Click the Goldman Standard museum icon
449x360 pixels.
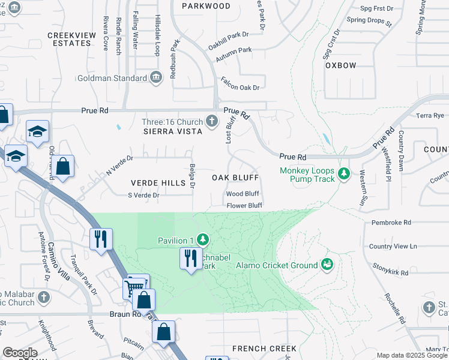156,77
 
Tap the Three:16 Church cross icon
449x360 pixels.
211,121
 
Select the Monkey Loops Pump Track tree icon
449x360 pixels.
343,174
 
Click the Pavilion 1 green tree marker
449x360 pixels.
203,240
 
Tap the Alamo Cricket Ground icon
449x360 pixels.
327,264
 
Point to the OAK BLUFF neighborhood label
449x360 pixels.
235,178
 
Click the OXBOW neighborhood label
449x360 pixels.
340,65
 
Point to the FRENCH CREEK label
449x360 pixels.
264,349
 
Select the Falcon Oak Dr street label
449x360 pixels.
240,88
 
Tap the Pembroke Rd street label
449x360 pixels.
391,222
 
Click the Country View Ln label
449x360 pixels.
393,246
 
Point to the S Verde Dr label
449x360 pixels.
143,195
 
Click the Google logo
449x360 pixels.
20,353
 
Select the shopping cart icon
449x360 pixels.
135,287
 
